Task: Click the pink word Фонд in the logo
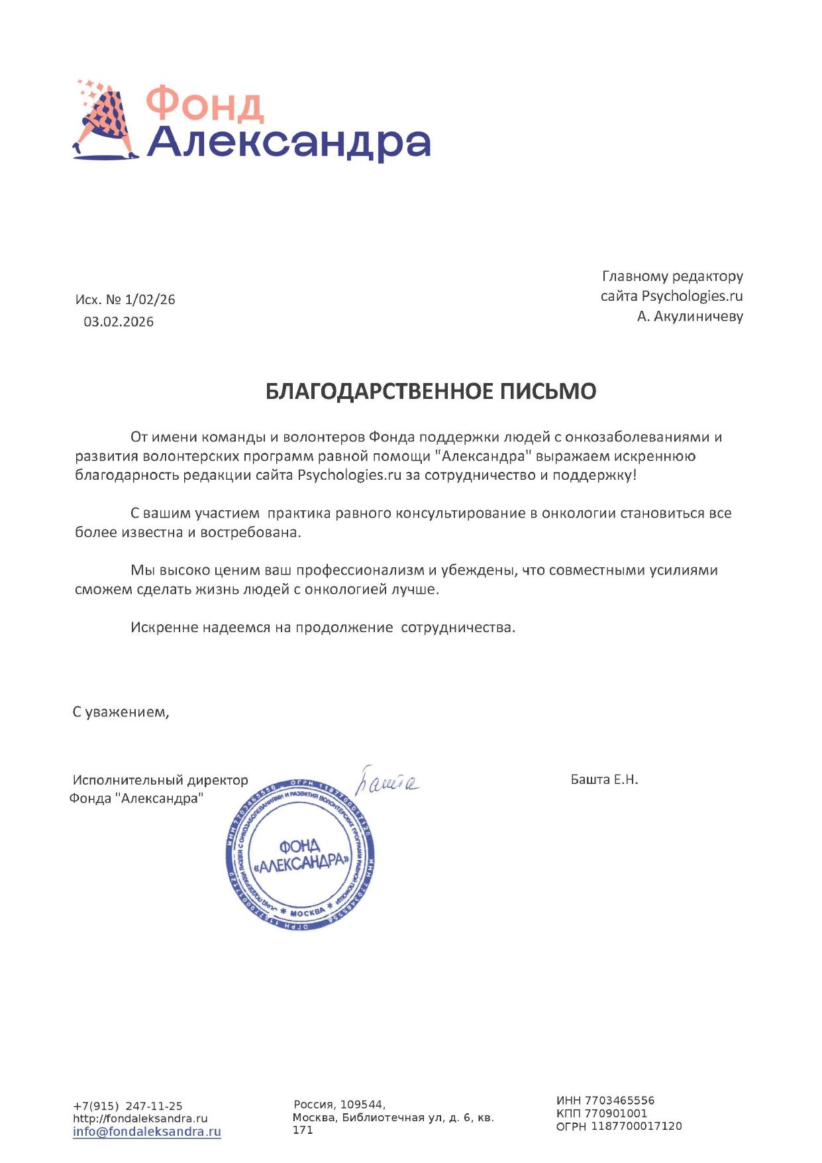(205, 105)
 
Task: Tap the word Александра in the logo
(289, 142)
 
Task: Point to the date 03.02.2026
(119, 322)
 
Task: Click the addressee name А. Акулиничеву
(690, 317)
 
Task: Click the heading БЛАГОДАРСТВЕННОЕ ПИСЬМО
(431, 392)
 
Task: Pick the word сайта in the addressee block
(619, 296)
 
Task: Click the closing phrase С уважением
(121, 712)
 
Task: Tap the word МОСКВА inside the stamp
(308, 913)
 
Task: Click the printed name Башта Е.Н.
(604, 780)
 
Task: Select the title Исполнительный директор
(160, 781)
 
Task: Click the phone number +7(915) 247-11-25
(128, 1106)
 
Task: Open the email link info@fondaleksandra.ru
(146, 1132)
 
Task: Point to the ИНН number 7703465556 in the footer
(619, 1101)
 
